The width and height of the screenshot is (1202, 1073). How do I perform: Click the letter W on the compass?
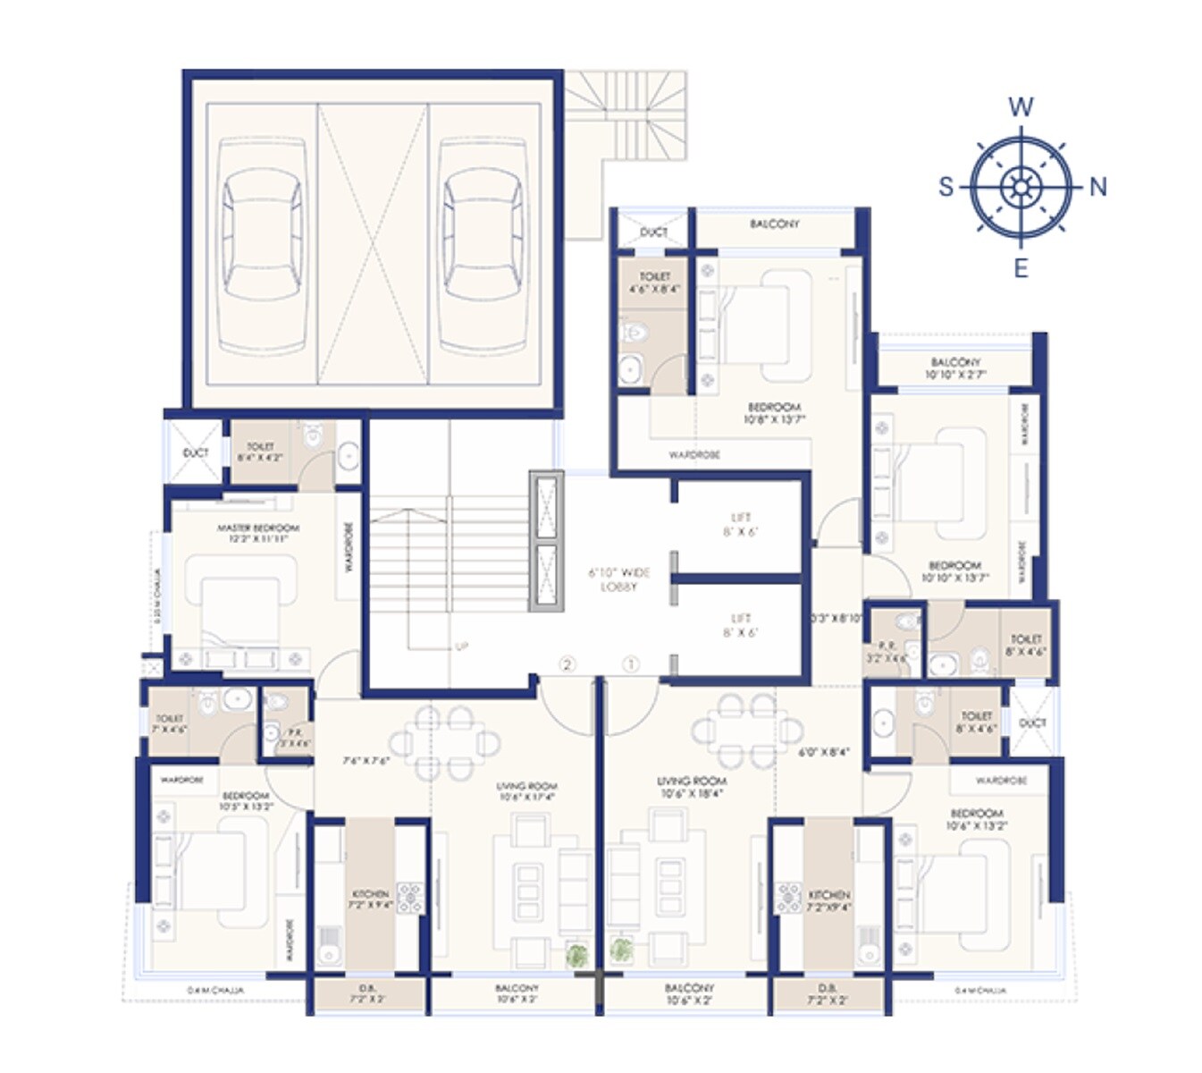coord(1021,107)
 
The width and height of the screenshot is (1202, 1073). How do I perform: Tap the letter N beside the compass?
coord(1098,187)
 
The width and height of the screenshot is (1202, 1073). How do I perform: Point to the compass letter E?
coord(1021,267)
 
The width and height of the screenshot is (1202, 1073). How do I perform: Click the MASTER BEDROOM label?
coord(258,534)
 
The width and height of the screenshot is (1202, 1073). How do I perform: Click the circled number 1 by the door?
coord(631,664)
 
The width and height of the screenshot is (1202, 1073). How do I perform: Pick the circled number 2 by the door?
coord(567,664)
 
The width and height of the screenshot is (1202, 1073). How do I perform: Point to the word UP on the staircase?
coord(461,646)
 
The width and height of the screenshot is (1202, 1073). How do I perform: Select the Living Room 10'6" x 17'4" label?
coord(526,791)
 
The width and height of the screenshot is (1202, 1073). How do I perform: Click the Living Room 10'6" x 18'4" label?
coord(692,787)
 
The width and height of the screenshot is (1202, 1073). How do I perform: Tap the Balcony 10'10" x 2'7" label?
coord(955,368)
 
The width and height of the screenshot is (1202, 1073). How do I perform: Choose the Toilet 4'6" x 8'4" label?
coord(654,283)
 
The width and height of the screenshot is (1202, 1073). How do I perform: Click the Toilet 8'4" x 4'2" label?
coord(260,452)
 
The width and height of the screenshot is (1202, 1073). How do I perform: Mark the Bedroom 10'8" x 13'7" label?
coord(774,412)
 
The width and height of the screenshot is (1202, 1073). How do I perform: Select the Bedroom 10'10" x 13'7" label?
coord(954,571)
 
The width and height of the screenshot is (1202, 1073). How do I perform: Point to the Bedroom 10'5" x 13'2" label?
coord(246,800)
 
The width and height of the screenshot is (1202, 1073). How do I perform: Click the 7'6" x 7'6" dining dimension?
coord(366,762)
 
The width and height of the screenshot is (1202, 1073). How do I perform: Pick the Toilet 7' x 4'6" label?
coord(170,723)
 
